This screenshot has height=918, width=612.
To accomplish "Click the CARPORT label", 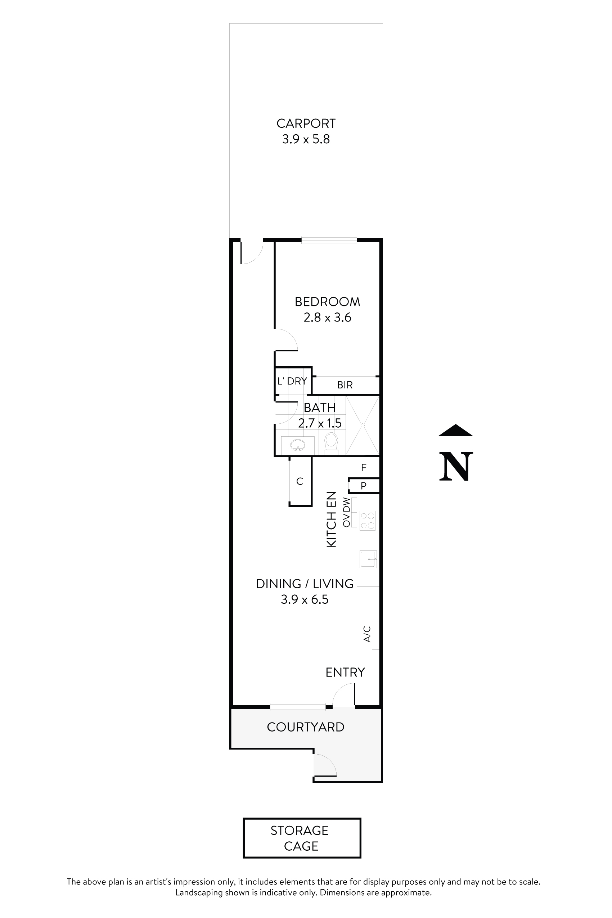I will tap(306, 123).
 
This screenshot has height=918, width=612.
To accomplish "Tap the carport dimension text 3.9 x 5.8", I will tap(306, 139).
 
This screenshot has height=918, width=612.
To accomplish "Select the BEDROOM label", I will tap(327, 302).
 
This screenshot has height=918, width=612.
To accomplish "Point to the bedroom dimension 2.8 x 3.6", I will tap(327, 317).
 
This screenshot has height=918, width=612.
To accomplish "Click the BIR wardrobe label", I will tap(345, 385).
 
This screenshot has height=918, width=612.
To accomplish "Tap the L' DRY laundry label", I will tap(292, 381).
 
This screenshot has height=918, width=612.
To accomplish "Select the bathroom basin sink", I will tap(298, 445).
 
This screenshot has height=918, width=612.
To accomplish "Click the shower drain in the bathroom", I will tap(363, 426).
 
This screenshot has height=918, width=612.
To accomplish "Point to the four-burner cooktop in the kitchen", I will tap(367, 521).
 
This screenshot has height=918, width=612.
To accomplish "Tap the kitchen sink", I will tap(368, 559).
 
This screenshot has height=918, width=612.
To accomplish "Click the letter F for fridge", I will tap(364, 468).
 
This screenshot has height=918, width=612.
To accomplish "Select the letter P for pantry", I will tap(363, 486).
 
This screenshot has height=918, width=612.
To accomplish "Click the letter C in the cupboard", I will tap(300, 482).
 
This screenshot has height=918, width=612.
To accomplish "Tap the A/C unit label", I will tap(367, 634).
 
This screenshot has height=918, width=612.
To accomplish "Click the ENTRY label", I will tap(345, 672).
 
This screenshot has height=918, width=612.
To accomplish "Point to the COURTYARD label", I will tap(305, 727).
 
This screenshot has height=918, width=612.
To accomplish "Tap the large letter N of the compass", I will tap(456, 467).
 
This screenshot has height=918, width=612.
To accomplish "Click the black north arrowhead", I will tap(455, 430).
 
